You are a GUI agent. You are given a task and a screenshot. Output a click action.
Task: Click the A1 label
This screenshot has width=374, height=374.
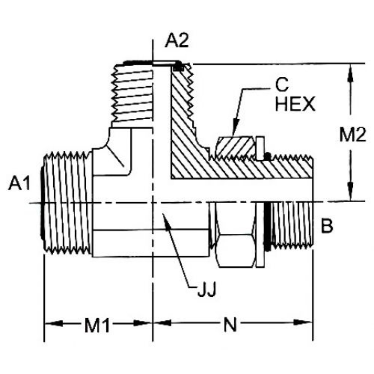(19, 184)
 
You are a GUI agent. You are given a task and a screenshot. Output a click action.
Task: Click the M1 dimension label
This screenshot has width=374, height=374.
(97, 326)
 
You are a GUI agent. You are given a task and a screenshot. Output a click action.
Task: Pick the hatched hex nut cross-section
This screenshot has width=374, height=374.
(234, 147)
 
